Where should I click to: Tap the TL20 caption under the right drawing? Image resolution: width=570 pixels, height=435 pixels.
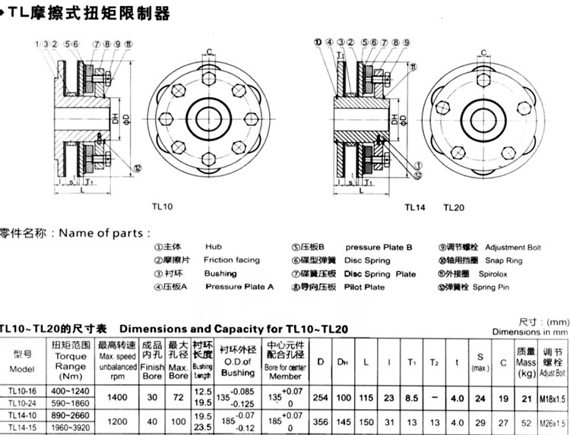pyautogui.click(x=454, y=205)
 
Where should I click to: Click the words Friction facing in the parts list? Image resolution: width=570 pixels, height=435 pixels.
pyautogui.click(x=232, y=260)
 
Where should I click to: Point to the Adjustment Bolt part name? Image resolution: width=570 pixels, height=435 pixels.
pyautogui.click(x=513, y=247)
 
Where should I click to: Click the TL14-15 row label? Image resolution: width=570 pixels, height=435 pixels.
pyautogui.click(x=22, y=428)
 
